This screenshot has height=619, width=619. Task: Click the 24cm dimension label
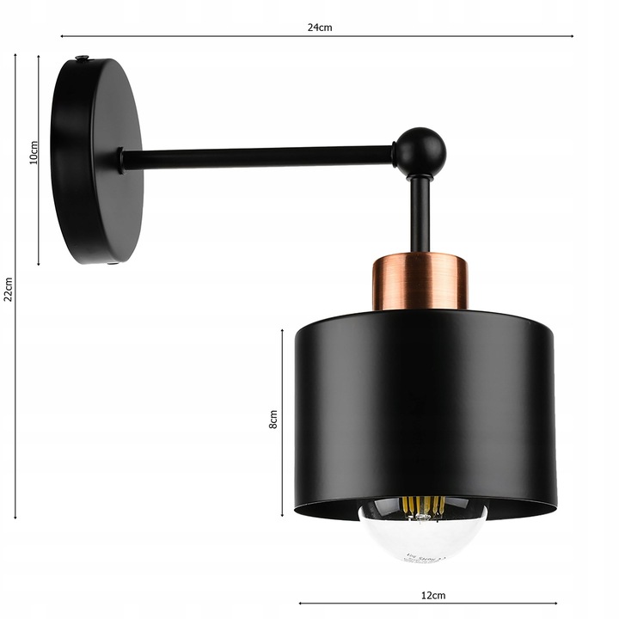(320, 27)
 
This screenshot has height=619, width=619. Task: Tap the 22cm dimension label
(8, 290)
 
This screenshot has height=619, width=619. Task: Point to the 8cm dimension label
(273, 420)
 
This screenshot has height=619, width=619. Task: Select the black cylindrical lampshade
(424, 404)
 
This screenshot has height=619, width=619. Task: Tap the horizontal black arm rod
(258, 157)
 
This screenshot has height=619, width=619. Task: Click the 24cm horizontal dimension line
(189, 36)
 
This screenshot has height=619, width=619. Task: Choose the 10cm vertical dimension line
(39, 215)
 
